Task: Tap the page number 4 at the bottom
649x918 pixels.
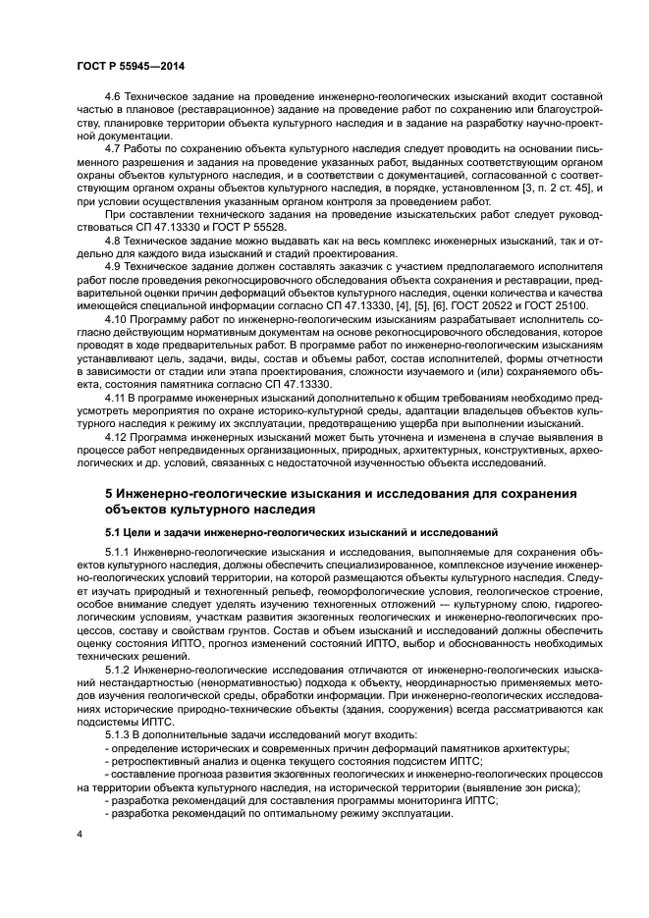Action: click(80, 834)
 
